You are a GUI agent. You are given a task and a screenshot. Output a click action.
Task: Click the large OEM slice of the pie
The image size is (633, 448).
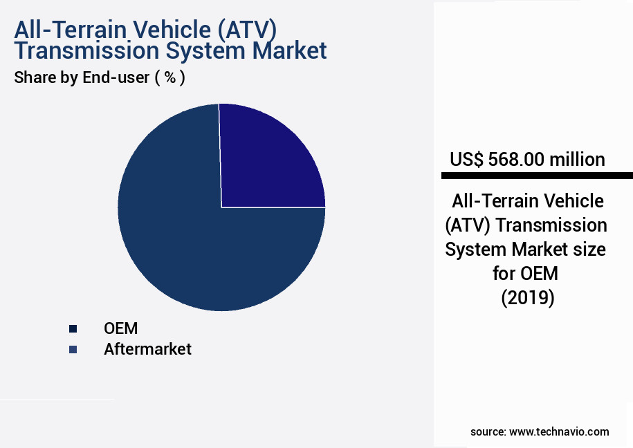click(x=187, y=242)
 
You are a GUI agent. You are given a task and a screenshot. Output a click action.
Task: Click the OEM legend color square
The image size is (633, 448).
click(x=72, y=328)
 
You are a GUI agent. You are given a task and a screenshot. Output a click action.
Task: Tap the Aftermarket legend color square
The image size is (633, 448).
click(x=72, y=349)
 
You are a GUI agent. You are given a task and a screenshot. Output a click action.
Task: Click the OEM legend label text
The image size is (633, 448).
click(x=120, y=328)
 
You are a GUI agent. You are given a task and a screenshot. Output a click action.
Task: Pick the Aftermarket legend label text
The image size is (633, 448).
click(x=147, y=349)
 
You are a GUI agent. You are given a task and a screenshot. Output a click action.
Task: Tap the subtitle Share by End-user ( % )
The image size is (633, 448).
click(x=100, y=78)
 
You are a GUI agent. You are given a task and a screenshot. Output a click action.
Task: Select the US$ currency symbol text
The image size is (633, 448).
click(x=467, y=160)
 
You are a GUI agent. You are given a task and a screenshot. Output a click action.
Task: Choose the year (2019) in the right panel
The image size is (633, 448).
click(x=527, y=298)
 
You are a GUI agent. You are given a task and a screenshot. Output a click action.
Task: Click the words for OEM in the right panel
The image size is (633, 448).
click(x=526, y=274)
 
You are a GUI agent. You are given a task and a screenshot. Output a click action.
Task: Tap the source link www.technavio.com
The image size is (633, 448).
click(x=559, y=432)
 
